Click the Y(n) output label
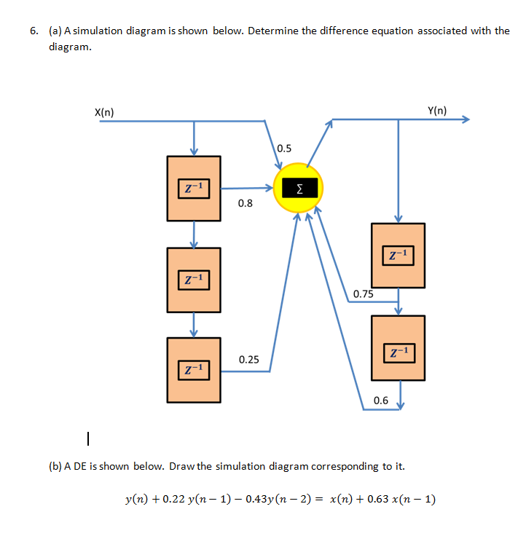point(437,111)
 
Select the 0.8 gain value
point(246,203)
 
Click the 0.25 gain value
point(248,360)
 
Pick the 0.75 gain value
point(363,294)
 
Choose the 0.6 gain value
point(380,400)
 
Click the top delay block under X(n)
point(194,189)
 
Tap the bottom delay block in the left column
point(194,370)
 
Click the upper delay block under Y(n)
point(398,255)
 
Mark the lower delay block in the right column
point(398,348)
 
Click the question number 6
point(34,31)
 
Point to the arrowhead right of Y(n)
point(466,120)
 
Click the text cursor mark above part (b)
point(87,439)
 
